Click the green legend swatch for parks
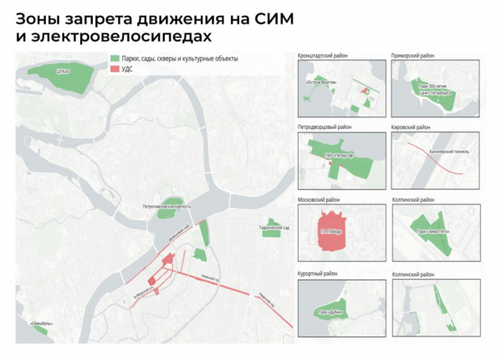tap(115, 59)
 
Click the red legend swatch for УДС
tap(115, 69)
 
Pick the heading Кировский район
tap(410, 127)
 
